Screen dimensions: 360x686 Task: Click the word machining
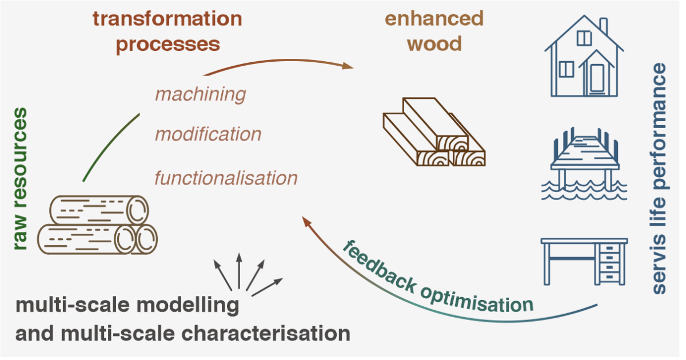coord(200,94)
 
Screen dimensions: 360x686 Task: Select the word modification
coord(208,135)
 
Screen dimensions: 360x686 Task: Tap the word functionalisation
coord(226,178)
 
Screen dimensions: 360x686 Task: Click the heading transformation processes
coord(167,31)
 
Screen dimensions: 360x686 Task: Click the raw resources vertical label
coord(20,179)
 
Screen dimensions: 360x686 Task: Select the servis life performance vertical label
coord(659,179)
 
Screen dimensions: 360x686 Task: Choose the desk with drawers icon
coord(584,260)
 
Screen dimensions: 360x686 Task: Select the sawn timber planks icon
coord(433,133)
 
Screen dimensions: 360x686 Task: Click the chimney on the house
coord(603,26)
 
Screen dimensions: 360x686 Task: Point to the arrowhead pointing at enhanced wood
coord(348,67)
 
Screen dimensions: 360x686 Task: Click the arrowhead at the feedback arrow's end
coord(307,222)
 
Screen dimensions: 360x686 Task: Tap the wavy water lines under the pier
coord(584,191)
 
